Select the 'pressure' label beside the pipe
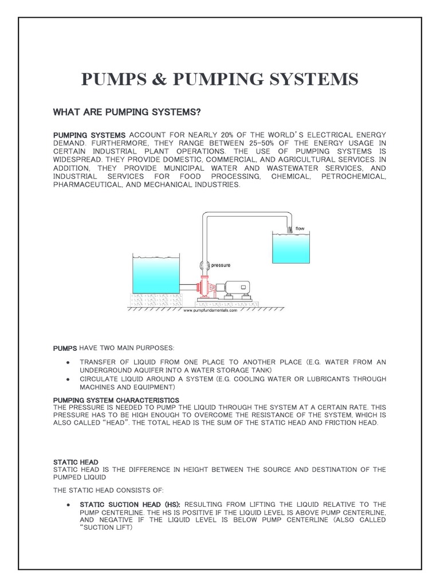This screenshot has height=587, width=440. (x=221, y=265)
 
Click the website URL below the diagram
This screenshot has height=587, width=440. (x=210, y=311)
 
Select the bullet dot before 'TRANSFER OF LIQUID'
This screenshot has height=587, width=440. (x=68, y=362)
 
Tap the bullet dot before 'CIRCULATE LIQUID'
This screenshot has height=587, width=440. (x=68, y=379)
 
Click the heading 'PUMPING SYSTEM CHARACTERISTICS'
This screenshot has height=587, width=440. (x=116, y=400)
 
